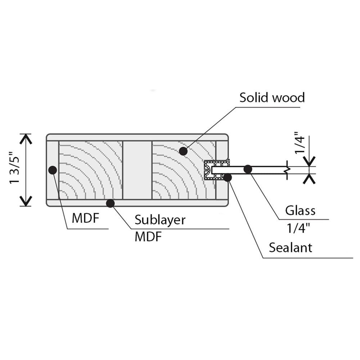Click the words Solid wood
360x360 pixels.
click(x=272, y=97)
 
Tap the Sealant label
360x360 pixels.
click(x=291, y=248)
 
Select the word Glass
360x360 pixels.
click(x=300, y=210)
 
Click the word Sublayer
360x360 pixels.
click(x=160, y=220)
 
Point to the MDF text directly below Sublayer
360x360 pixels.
click(x=148, y=237)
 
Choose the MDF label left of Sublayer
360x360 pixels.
click(x=85, y=219)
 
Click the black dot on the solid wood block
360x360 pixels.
click(x=183, y=151)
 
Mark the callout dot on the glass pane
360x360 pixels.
click(x=248, y=168)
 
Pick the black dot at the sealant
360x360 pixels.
click(x=228, y=177)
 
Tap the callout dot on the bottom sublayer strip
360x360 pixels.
click(x=111, y=203)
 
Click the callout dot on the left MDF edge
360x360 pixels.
click(x=53, y=170)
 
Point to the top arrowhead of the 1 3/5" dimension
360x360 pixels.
click(x=26, y=138)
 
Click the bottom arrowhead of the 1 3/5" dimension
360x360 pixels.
click(x=26, y=201)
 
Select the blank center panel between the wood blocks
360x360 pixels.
click(x=137, y=170)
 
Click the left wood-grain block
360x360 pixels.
click(x=90, y=170)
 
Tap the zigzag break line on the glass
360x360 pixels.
click(x=287, y=169)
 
